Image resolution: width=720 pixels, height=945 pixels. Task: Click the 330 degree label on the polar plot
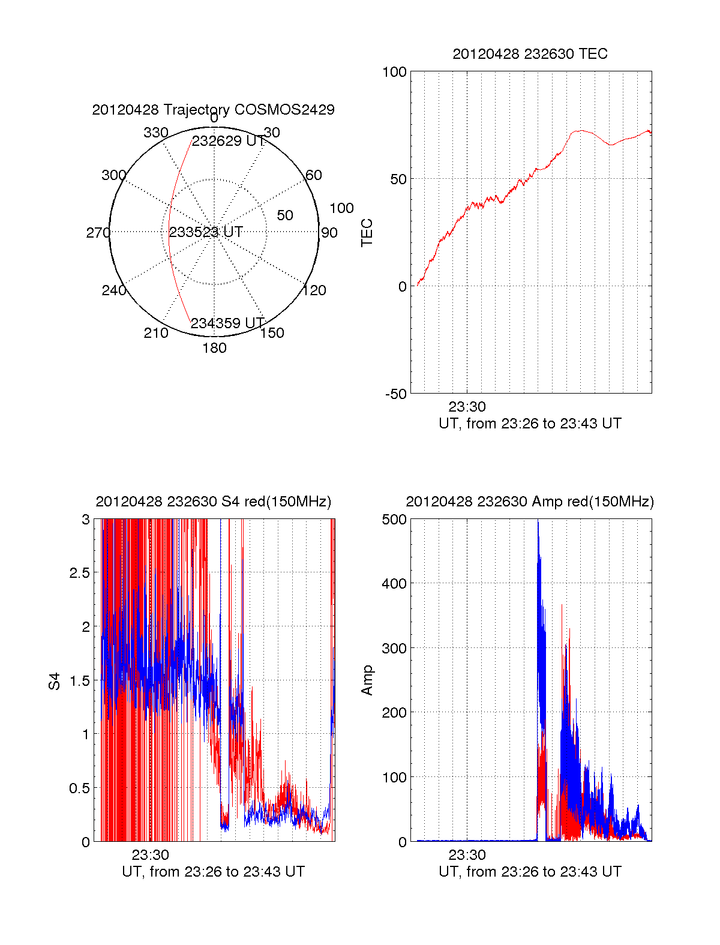(155, 133)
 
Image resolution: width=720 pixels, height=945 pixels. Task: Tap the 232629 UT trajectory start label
(228, 141)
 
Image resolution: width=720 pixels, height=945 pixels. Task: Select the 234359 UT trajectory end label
(227, 323)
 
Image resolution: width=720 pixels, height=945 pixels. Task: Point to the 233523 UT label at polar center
(206, 232)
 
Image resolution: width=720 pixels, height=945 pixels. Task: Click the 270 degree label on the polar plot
(98, 233)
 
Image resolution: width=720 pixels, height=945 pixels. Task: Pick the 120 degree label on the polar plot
(314, 290)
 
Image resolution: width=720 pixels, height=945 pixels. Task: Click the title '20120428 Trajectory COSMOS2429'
(213, 110)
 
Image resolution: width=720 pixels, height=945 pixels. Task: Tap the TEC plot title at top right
(530, 54)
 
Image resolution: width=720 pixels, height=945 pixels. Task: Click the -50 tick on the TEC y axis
(396, 394)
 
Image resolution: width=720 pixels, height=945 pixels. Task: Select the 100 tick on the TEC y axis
(394, 72)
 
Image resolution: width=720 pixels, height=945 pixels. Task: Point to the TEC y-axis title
(367, 233)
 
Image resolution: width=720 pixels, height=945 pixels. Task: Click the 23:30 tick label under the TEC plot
(467, 407)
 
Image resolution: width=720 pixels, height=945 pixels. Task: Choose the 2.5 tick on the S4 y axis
(79, 573)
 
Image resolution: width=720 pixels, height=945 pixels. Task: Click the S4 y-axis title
(55, 681)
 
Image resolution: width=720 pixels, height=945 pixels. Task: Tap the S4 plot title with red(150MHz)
(213, 502)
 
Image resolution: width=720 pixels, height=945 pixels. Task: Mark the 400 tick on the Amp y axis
(394, 583)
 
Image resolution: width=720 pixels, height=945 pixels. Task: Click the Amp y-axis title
(367, 680)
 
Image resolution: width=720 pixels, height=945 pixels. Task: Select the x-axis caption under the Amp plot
(530, 872)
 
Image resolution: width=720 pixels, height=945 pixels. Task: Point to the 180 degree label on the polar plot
(214, 348)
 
